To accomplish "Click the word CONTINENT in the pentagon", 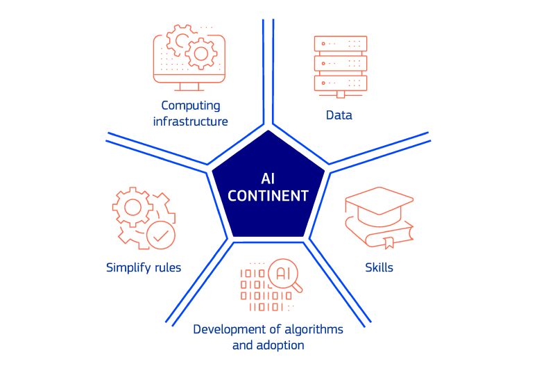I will [x=268, y=196].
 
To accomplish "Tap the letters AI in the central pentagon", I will [x=268, y=178].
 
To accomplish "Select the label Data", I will [x=339, y=115].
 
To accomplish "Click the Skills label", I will [x=379, y=267].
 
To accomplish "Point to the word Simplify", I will [x=128, y=267].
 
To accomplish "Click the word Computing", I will [x=191, y=106].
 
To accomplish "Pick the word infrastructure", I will [x=191, y=122].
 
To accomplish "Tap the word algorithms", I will [x=307, y=328].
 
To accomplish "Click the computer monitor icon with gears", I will [x=189, y=56].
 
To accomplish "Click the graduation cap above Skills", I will [x=382, y=206].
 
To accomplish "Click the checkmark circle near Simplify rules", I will [x=161, y=235].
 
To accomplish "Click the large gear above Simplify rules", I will [x=132, y=207].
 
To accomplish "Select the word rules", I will [x=166, y=267].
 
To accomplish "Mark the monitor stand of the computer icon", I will [x=189, y=87].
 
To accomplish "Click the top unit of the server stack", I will [x=341, y=44].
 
